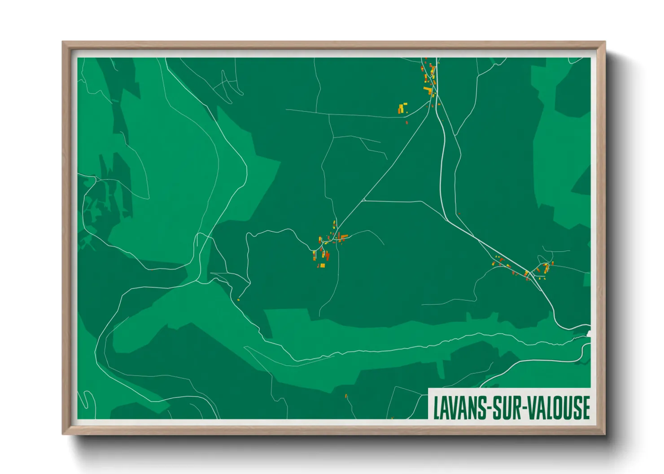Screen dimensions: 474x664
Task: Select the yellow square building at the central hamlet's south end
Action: coord(322,265)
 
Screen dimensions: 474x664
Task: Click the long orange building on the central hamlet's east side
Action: coord(344,236)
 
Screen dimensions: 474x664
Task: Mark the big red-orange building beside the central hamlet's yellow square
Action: coord(328,256)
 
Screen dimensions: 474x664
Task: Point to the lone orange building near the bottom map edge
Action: coord(346,396)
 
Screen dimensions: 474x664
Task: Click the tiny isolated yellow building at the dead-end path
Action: coord(239,299)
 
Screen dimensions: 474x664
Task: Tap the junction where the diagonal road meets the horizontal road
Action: coord(364,200)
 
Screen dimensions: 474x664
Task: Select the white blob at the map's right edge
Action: coord(589,333)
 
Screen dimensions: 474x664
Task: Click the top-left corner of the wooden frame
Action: coord(63,42)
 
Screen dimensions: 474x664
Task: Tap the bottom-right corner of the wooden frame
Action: coord(605,434)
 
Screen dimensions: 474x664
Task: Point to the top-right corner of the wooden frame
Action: coord(605,42)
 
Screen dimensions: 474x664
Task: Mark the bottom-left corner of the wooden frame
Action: coord(63,434)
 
